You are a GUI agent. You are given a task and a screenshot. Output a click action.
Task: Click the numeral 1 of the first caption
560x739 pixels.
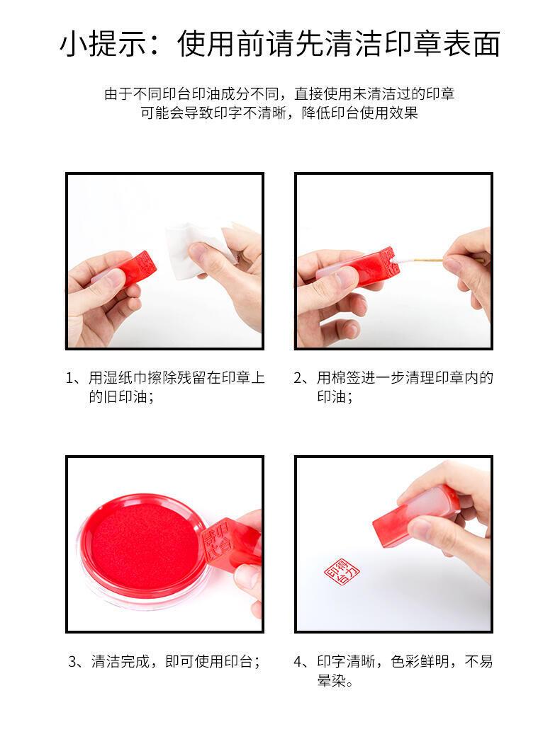pos(70,379)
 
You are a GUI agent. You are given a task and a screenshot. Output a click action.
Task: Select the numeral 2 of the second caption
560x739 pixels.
pos(298,378)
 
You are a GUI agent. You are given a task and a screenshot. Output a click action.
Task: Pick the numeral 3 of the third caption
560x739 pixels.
pos(72,662)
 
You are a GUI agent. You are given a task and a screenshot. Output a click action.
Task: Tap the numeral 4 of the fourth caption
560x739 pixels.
pos(298,662)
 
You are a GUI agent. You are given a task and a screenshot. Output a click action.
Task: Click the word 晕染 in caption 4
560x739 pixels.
pos(331,681)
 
